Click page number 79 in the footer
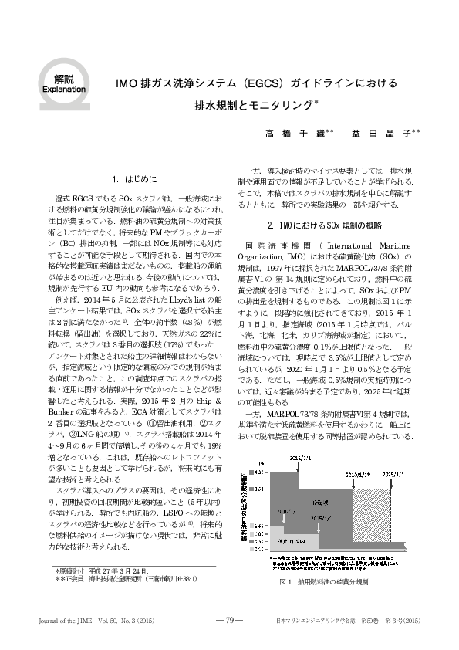229,620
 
